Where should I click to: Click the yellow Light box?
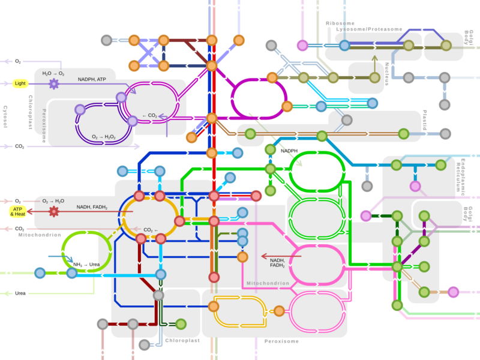click(x=20, y=83)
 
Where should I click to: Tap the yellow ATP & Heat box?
click(x=18, y=211)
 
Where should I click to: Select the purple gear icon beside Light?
click(x=53, y=83)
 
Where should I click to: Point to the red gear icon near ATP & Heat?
click(x=53, y=211)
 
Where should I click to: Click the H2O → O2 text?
click(x=53, y=73)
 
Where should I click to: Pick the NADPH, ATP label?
click(x=92, y=79)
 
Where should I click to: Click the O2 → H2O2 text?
click(x=103, y=137)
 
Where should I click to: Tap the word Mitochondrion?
click(x=268, y=283)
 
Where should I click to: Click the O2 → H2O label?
click(x=53, y=201)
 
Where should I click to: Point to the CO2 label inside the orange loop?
click(x=149, y=230)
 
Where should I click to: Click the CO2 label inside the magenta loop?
click(x=149, y=115)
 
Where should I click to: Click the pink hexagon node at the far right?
click(x=453, y=292)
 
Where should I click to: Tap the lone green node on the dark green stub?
click(x=181, y=324)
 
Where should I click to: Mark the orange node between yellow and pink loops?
click(x=279, y=311)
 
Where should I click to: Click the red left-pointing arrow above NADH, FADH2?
click(x=282, y=256)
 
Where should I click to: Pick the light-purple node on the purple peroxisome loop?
click(x=80, y=109)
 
